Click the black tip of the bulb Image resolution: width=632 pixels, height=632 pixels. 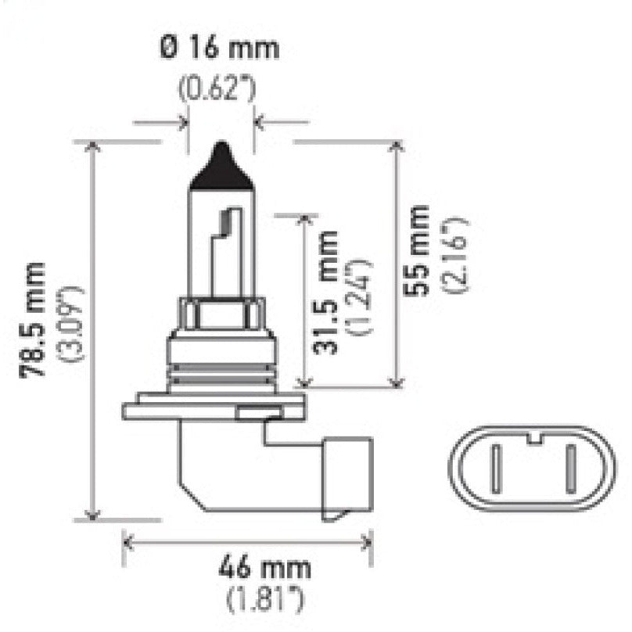[222, 166]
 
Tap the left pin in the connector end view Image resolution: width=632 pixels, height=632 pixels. [494, 468]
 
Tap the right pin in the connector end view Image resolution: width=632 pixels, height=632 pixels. [570, 468]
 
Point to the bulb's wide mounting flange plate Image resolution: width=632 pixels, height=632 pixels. [211, 409]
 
